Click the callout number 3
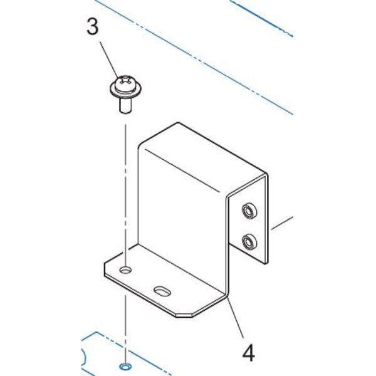pos(93,27)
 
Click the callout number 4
pos(248,353)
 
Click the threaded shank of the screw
pos(125,106)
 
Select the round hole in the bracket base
pos(125,270)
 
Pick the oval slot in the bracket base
pos(162,291)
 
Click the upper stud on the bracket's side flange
pos(249,211)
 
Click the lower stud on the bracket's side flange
pos(249,242)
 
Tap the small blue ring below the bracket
pos(125,367)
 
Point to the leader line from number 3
pos(109,60)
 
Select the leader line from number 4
pos(235,316)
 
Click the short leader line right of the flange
pos(282,223)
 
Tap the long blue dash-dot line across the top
pos(194,58)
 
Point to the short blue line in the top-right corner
pos(261,18)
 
